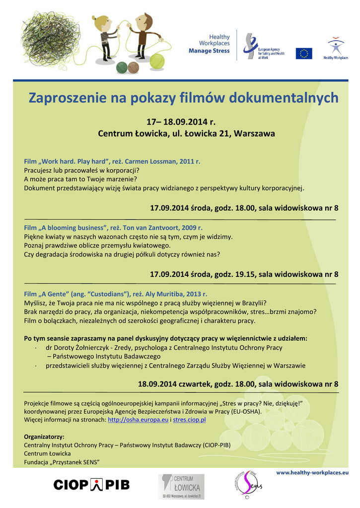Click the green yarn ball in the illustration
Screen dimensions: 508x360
[x=157, y=62]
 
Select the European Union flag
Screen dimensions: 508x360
[x=304, y=54]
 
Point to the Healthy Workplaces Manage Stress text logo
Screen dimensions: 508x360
[x=210, y=44]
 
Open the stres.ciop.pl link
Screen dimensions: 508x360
[x=189, y=420]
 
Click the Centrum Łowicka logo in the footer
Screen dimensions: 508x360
[x=181, y=486]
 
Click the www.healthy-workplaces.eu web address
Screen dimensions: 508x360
[x=312, y=473]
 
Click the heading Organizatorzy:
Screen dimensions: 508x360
[x=44, y=437]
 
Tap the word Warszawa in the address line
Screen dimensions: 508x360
[x=255, y=134]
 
